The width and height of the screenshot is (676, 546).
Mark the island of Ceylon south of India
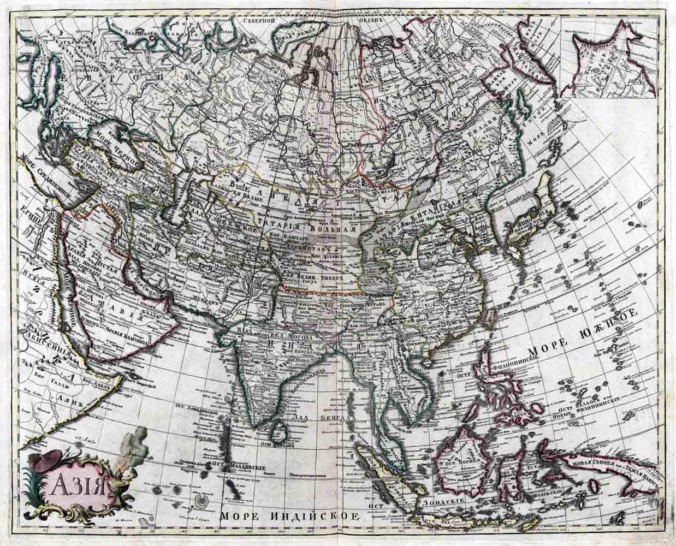coord(280,432)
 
